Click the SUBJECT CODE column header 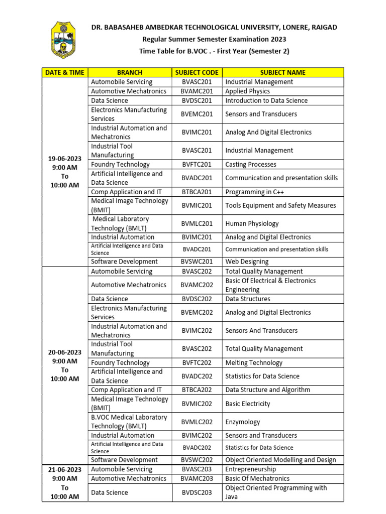click(x=197, y=72)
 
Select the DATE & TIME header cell click(x=65, y=72)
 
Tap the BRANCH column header click(x=130, y=72)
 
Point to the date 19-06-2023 click(x=65, y=159)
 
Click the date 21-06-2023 click(x=65, y=469)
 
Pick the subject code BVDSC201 click(x=197, y=100)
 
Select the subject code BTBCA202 click(x=197, y=390)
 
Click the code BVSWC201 click(x=197, y=262)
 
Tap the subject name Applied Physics click(x=247, y=91)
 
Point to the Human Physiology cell click(x=252, y=223)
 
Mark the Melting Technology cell click(x=254, y=362)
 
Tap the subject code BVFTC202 click(x=197, y=362)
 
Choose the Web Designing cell click(x=247, y=262)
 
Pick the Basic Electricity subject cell click(x=248, y=404)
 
